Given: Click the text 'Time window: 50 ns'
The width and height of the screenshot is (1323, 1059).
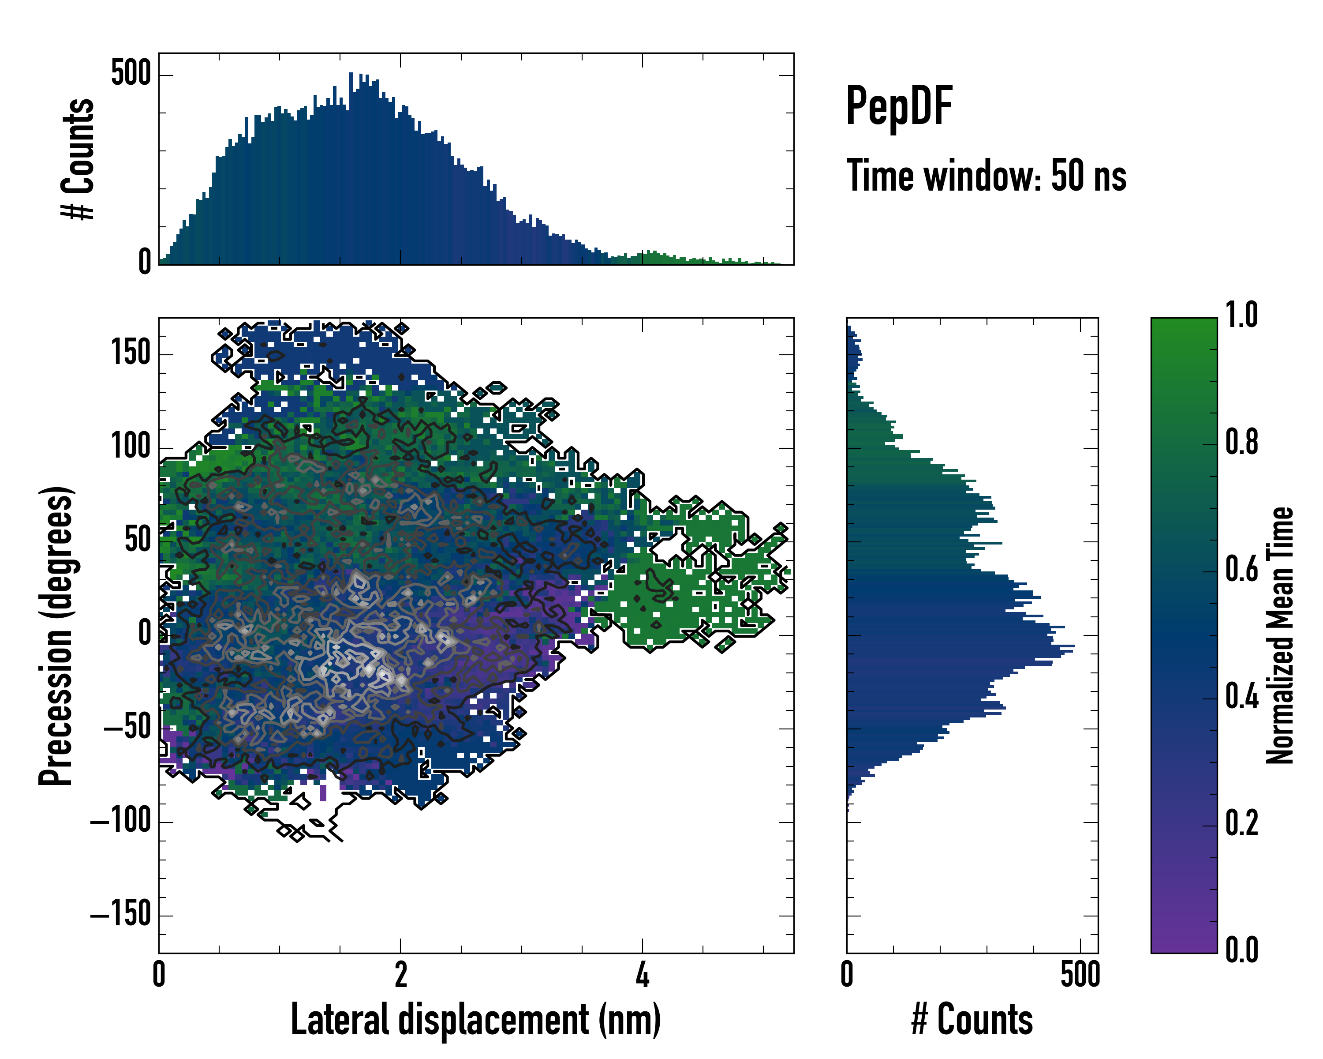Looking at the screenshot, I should pyautogui.click(x=986, y=176).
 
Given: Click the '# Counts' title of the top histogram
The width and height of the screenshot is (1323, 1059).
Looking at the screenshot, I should pyautogui.click(x=78, y=158).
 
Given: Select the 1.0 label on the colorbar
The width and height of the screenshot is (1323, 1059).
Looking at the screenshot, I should pyautogui.click(x=1241, y=315).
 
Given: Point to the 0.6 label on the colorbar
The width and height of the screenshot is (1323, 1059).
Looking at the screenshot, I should pyautogui.click(x=1241, y=569).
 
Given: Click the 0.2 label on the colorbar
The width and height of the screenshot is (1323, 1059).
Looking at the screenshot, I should pyautogui.click(x=1241, y=823).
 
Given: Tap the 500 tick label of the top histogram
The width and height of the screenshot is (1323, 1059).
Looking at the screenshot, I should pyautogui.click(x=131, y=74).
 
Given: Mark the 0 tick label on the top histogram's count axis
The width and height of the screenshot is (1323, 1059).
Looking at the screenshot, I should pyautogui.click(x=145, y=262).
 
